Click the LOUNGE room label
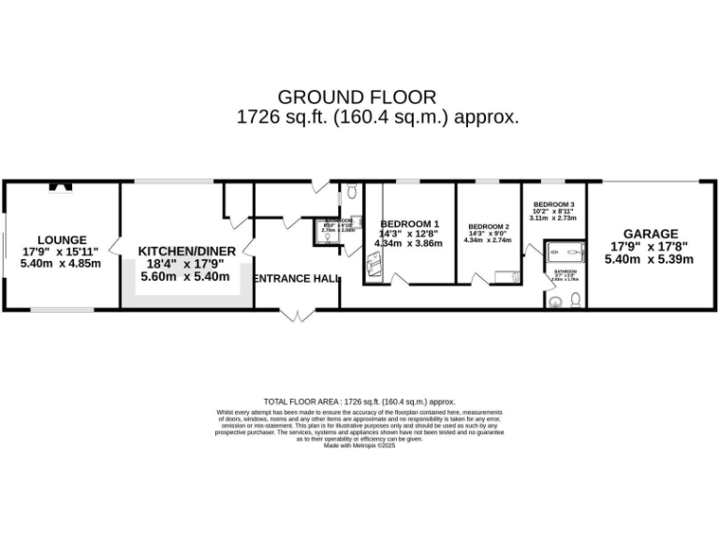62,240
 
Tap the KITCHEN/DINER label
187,251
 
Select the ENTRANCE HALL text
297,279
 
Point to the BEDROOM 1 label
408,223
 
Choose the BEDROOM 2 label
488,227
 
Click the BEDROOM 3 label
553,205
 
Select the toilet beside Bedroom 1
350,191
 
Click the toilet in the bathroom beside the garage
576,299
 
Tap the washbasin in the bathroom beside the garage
556,300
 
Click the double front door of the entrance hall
297,313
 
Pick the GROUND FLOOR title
357,96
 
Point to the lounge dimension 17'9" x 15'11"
62,252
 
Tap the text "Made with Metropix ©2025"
359,445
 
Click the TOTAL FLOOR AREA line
359,400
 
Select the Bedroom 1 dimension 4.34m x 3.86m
408,243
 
